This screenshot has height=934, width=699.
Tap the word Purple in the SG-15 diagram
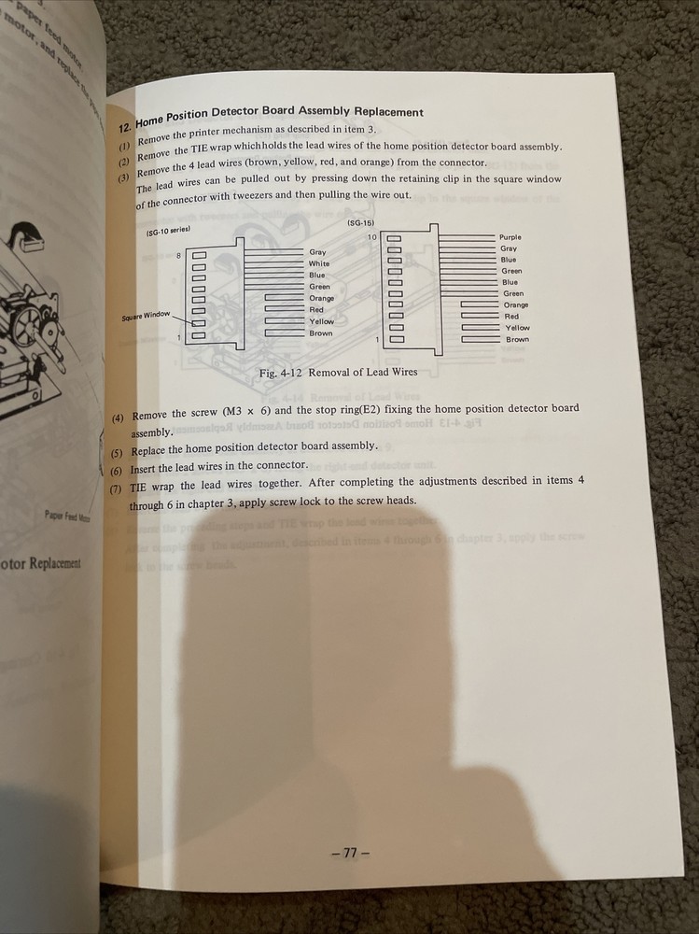click(x=510, y=237)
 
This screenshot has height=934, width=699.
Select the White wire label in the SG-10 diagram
click(x=319, y=263)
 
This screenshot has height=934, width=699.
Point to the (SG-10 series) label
click(x=168, y=230)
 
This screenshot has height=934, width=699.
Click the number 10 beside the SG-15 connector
click(x=371, y=237)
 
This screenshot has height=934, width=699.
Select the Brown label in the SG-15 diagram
click(x=517, y=339)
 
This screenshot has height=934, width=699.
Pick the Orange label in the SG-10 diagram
click(x=321, y=298)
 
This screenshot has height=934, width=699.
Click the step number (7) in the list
click(x=116, y=488)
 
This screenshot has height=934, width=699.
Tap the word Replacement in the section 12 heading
click(x=384, y=112)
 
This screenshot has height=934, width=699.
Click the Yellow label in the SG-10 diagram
click(x=321, y=321)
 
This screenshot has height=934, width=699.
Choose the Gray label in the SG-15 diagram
click(x=509, y=248)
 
